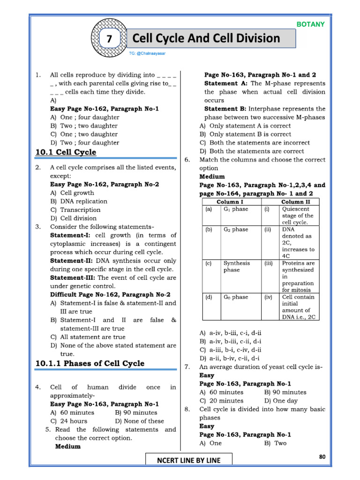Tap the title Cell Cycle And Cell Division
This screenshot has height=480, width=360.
[x=206, y=38]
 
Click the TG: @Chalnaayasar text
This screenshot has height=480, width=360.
[x=147, y=53]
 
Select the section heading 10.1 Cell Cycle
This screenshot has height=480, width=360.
[x=66, y=152]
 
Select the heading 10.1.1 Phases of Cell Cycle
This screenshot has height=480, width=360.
[x=90, y=363]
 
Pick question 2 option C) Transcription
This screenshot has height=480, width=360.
[x=75, y=210]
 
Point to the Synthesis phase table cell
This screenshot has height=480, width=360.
[x=237, y=266]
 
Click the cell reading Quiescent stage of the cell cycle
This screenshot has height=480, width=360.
[x=298, y=216]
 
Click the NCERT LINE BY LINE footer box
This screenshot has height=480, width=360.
[x=188, y=460]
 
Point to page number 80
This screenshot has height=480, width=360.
[x=322, y=457]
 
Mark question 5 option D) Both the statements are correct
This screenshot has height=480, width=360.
[x=252, y=151]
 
